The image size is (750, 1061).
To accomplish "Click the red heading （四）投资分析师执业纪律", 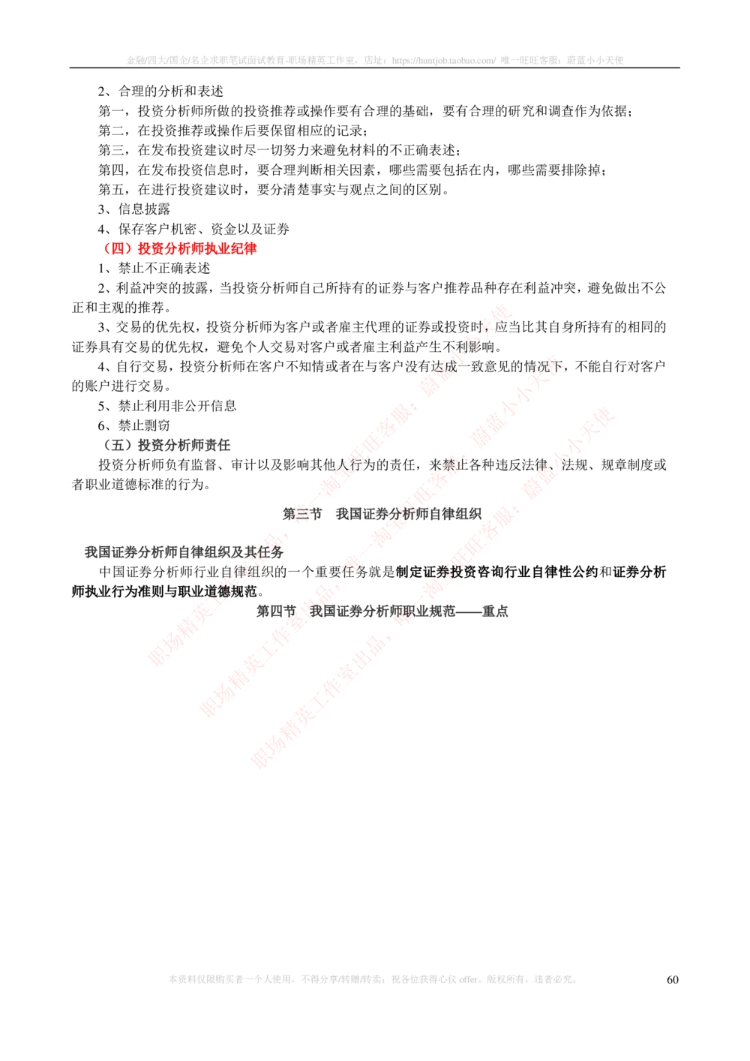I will (171, 249).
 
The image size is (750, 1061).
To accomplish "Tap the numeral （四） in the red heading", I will (116, 249).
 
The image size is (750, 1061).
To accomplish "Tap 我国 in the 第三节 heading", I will (349, 514).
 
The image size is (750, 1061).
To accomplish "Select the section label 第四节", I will (276, 612).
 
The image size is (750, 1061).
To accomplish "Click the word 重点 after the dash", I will (495, 612).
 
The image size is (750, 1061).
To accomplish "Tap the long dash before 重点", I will (468, 612).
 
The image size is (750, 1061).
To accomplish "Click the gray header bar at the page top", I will (375, 60).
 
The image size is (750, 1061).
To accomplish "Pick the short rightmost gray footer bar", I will (555, 978).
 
